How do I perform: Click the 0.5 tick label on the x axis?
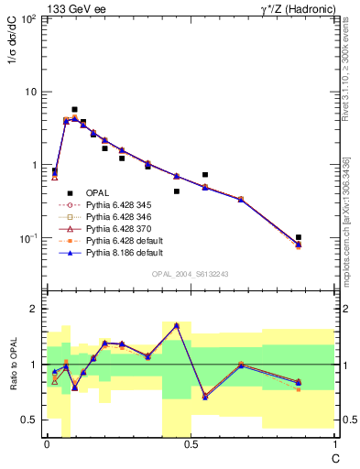191,444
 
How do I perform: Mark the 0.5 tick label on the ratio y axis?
30,420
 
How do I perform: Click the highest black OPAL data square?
74,109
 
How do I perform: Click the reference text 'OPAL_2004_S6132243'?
191,273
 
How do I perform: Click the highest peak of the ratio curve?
176,325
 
